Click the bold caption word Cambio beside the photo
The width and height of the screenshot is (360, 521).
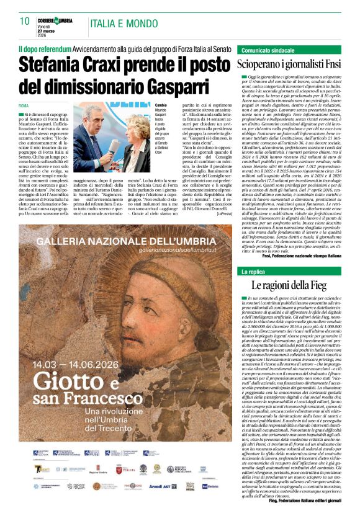pos(161,105)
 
